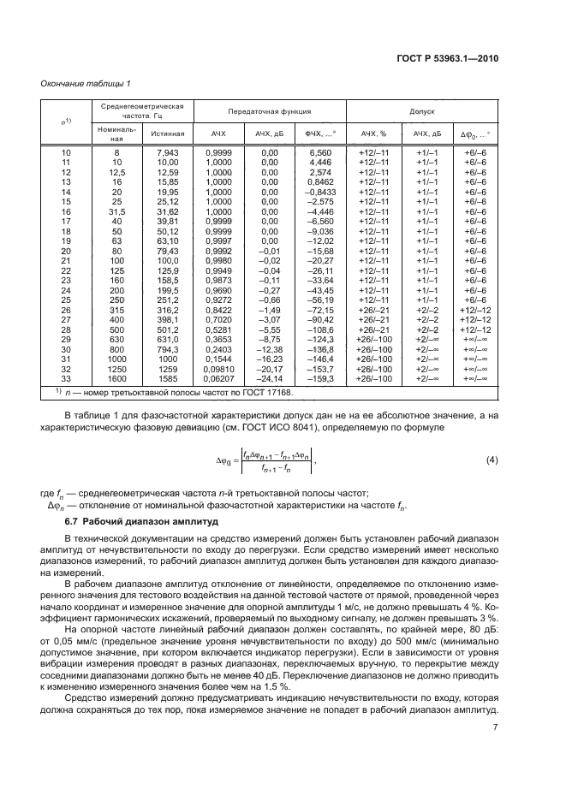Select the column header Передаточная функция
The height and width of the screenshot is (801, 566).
[269, 112]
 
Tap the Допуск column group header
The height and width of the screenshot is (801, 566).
[423, 112]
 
